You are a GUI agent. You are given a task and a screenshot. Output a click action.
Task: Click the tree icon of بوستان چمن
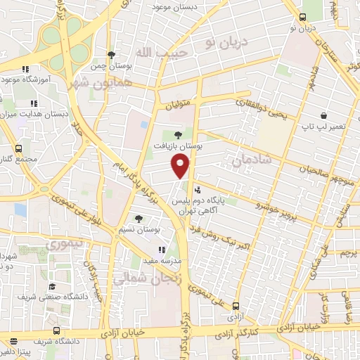click(111, 56)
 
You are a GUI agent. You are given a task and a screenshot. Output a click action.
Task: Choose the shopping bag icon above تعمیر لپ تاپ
click(323, 115)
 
